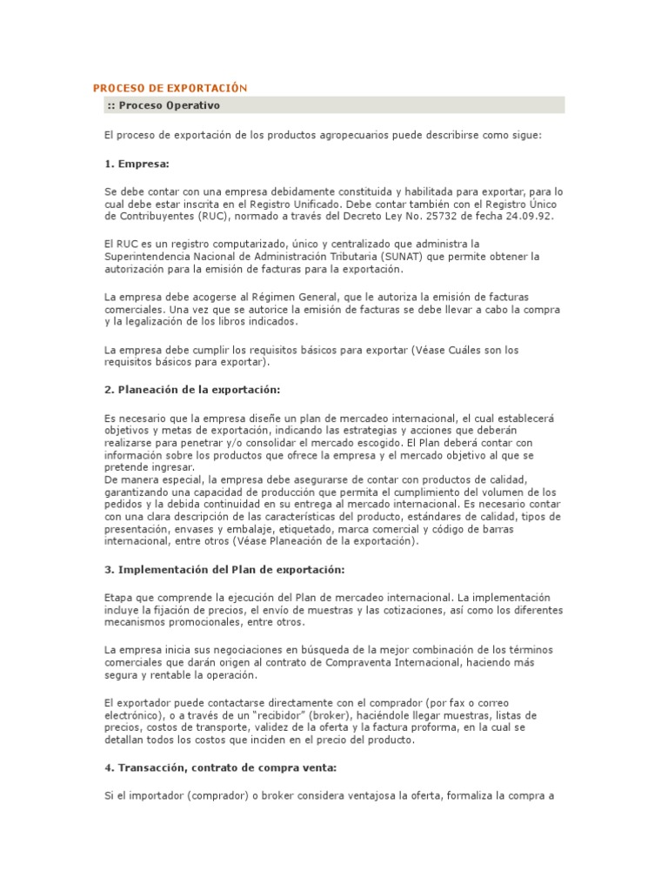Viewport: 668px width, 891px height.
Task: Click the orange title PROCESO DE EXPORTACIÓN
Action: (x=170, y=88)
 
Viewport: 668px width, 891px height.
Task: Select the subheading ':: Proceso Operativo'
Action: (x=164, y=105)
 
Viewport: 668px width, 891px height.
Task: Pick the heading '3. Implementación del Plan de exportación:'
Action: (x=224, y=569)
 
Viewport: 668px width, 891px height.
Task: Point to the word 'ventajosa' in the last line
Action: (x=355, y=796)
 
